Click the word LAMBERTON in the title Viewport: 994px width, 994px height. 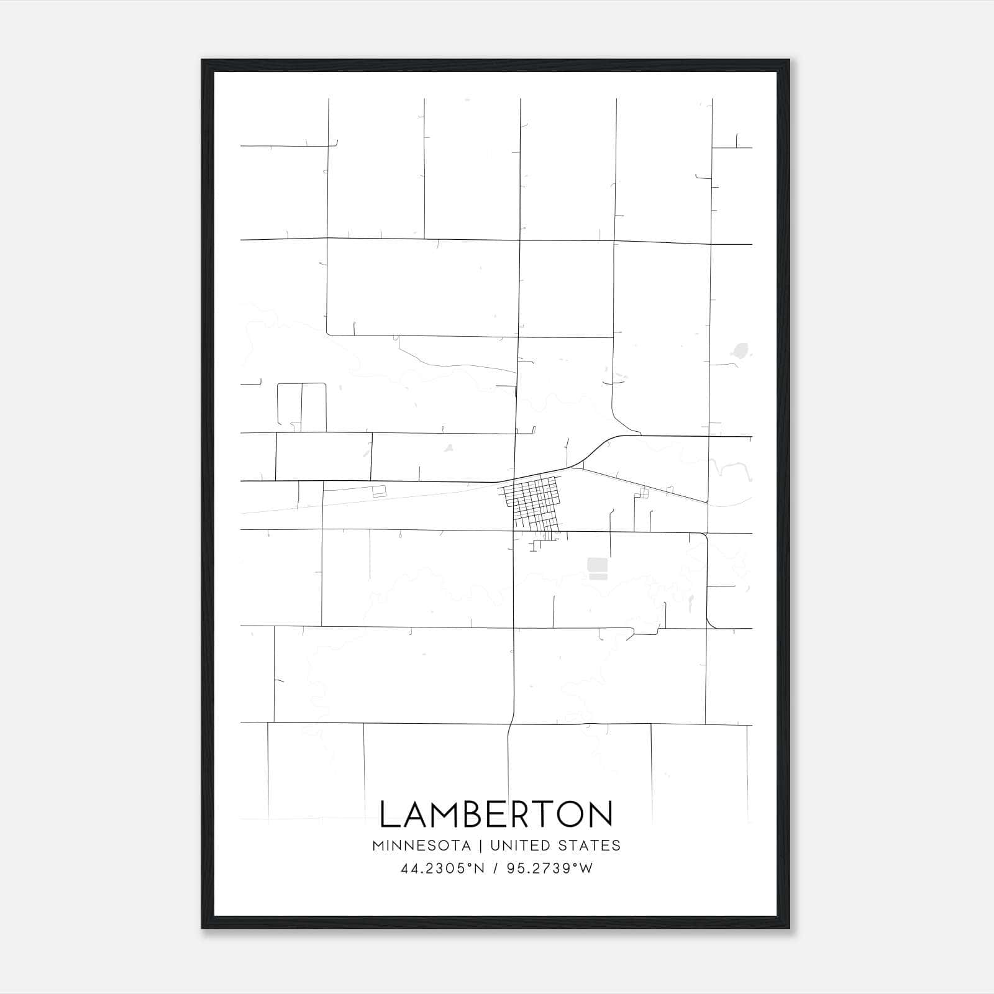[496, 814]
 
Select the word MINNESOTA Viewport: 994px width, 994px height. [421, 846]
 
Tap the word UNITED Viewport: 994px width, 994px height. [520, 846]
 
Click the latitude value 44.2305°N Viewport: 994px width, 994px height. [442, 869]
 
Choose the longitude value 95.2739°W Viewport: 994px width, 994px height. [550, 869]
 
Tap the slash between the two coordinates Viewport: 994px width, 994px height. [496, 869]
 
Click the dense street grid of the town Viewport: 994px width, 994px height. [531, 500]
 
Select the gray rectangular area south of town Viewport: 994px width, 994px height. [597, 568]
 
